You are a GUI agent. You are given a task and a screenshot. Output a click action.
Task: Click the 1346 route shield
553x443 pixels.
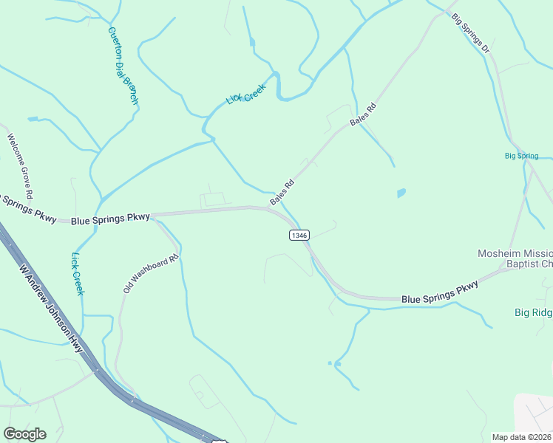click(299, 235)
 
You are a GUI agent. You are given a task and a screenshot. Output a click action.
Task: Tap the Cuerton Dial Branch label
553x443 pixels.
click(123, 66)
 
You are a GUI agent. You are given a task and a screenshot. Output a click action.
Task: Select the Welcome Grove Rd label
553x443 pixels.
click(20, 166)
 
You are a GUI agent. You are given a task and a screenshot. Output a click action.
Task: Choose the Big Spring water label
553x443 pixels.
click(521, 156)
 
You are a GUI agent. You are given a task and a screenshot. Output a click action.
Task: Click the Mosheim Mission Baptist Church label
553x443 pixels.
click(515, 258)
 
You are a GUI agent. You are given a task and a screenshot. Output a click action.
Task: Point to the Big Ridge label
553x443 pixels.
click(533, 312)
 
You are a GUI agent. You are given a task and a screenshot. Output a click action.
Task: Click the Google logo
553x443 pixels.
click(24, 434)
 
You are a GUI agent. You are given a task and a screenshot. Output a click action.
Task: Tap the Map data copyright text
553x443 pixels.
click(522, 437)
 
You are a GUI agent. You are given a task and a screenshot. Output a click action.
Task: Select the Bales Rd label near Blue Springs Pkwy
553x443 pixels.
click(282, 192)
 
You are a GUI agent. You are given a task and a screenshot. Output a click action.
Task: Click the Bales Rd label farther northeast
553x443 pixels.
click(363, 114)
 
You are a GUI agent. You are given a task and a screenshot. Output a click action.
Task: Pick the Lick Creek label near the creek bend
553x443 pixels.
click(245, 95)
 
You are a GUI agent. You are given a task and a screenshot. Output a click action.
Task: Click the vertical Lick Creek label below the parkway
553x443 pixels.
click(76, 274)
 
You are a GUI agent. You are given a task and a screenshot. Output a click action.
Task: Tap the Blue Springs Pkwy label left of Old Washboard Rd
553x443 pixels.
click(110, 219)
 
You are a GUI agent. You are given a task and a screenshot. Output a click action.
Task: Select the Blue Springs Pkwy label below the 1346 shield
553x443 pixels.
click(440, 292)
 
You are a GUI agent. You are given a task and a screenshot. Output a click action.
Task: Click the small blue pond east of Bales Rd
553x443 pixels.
click(401, 193)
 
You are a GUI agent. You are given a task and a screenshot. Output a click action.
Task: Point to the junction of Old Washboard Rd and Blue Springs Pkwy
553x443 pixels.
click(154, 217)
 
